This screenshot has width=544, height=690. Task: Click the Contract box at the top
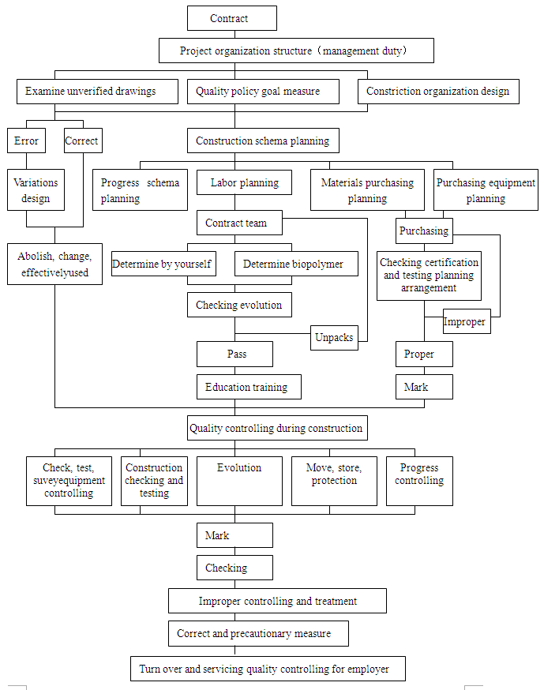click(x=231, y=18)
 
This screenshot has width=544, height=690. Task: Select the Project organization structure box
click(x=296, y=51)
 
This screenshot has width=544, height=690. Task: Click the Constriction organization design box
click(x=438, y=92)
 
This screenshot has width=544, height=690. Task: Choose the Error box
click(x=26, y=141)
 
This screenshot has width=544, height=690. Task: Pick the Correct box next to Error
click(x=82, y=141)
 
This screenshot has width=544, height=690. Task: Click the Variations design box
click(x=36, y=191)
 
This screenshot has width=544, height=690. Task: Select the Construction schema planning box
click(x=263, y=141)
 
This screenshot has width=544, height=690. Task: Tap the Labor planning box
click(x=244, y=183)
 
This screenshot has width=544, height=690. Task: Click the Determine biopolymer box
click(x=295, y=264)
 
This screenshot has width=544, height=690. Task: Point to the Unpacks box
click(x=333, y=338)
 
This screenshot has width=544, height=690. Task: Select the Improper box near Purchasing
click(x=466, y=322)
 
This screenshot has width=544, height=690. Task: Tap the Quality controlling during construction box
click(x=277, y=429)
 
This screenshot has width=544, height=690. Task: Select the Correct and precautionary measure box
click(x=258, y=634)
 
